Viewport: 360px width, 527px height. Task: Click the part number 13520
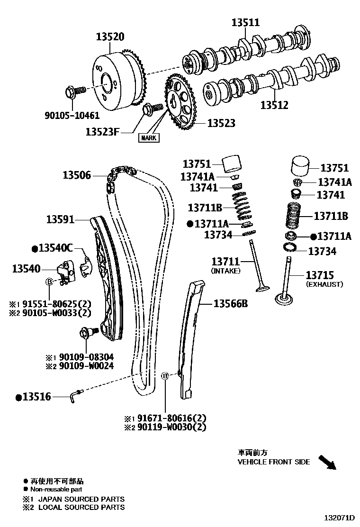(110, 36)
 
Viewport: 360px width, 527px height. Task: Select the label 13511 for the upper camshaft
(245, 22)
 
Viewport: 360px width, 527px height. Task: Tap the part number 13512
(274, 105)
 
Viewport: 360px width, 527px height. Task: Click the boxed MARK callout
(148, 138)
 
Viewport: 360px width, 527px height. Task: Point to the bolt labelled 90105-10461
(74, 91)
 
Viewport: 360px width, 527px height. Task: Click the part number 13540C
(55, 248)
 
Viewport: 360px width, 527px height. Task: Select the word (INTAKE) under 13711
(225, 271)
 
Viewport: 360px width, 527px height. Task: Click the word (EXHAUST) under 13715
(324, 284)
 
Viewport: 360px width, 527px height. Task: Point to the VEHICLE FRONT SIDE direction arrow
(326, 462)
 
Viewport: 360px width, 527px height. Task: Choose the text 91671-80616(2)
(172, 418)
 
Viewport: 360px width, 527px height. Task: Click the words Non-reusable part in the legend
(56, 489)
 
